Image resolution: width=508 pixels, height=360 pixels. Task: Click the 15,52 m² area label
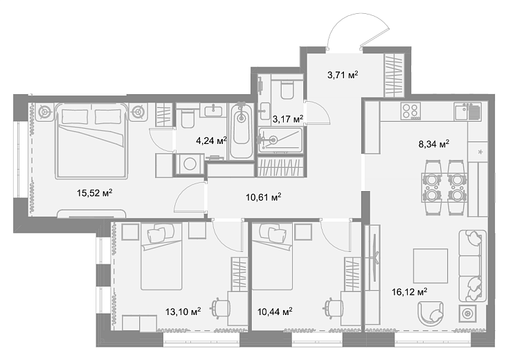pos(95,193)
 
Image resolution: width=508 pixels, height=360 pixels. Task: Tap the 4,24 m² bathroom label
pos(211,141)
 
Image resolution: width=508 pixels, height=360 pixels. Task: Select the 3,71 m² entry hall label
pos(343,75)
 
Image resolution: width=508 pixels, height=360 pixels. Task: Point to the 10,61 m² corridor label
pos(264,197)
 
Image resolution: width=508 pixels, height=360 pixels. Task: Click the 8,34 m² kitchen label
pos(434,144)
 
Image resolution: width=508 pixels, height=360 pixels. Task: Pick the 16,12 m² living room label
pos(410,292)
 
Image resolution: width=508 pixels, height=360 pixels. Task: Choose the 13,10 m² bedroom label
pos(183,312)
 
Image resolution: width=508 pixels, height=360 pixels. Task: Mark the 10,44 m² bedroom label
pos(275,312)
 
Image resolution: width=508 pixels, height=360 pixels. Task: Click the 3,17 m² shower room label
pos(288,119)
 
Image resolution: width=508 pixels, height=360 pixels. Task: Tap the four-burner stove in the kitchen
pos(410,111)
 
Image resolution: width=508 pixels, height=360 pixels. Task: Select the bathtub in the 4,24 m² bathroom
pos(241,131)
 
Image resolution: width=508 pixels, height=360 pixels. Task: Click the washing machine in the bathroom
pos(189,164)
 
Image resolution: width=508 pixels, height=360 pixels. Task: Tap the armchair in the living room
pos(430,314)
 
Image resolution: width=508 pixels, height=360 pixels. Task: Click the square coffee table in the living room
pos(430,266)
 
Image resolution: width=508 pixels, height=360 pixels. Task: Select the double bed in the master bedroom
pos(91,141)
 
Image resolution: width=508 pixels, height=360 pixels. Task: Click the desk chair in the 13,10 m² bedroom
pos(221,307)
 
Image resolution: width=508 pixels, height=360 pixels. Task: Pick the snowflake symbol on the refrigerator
pos(480,152)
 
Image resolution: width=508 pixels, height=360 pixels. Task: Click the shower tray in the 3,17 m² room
pos(280,140)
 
